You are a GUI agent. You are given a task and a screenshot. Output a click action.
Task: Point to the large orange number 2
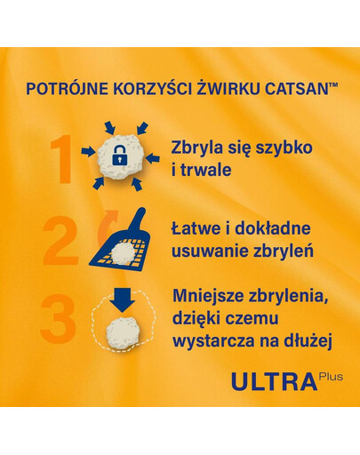point(60,239)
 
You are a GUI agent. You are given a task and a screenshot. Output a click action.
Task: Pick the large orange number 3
point(58,323)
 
